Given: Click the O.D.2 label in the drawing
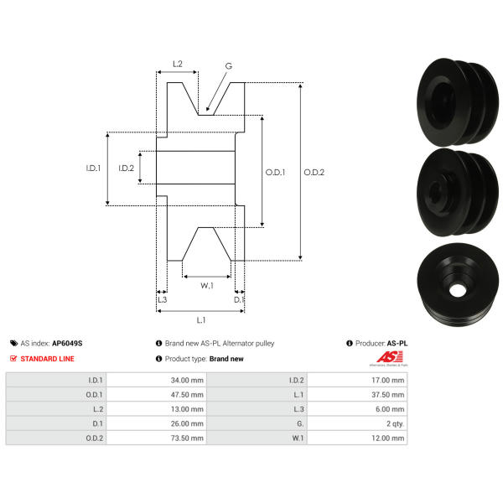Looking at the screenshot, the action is click(314, 172).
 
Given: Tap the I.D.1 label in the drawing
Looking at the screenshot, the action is click(93, 168).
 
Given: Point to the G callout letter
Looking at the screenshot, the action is click(228, 66).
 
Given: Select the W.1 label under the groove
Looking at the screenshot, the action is click(207, 286).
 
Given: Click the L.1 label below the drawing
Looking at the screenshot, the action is click(201, 320).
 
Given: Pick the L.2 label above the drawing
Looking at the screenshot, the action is click(178, 64).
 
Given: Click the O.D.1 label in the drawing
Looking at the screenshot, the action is click(275, 172).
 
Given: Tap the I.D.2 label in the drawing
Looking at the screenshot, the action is click(126, 168).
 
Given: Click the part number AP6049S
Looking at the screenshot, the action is click(67, 343).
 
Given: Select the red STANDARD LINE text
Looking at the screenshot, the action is click(47, 359).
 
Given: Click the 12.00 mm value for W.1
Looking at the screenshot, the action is click(388, 438).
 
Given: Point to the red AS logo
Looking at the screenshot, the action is click(390, 357).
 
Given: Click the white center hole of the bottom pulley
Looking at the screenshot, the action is click(458, 290).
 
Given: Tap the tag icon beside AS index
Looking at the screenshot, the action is click(13, 343).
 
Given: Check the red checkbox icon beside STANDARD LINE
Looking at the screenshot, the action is click(13, 358).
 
